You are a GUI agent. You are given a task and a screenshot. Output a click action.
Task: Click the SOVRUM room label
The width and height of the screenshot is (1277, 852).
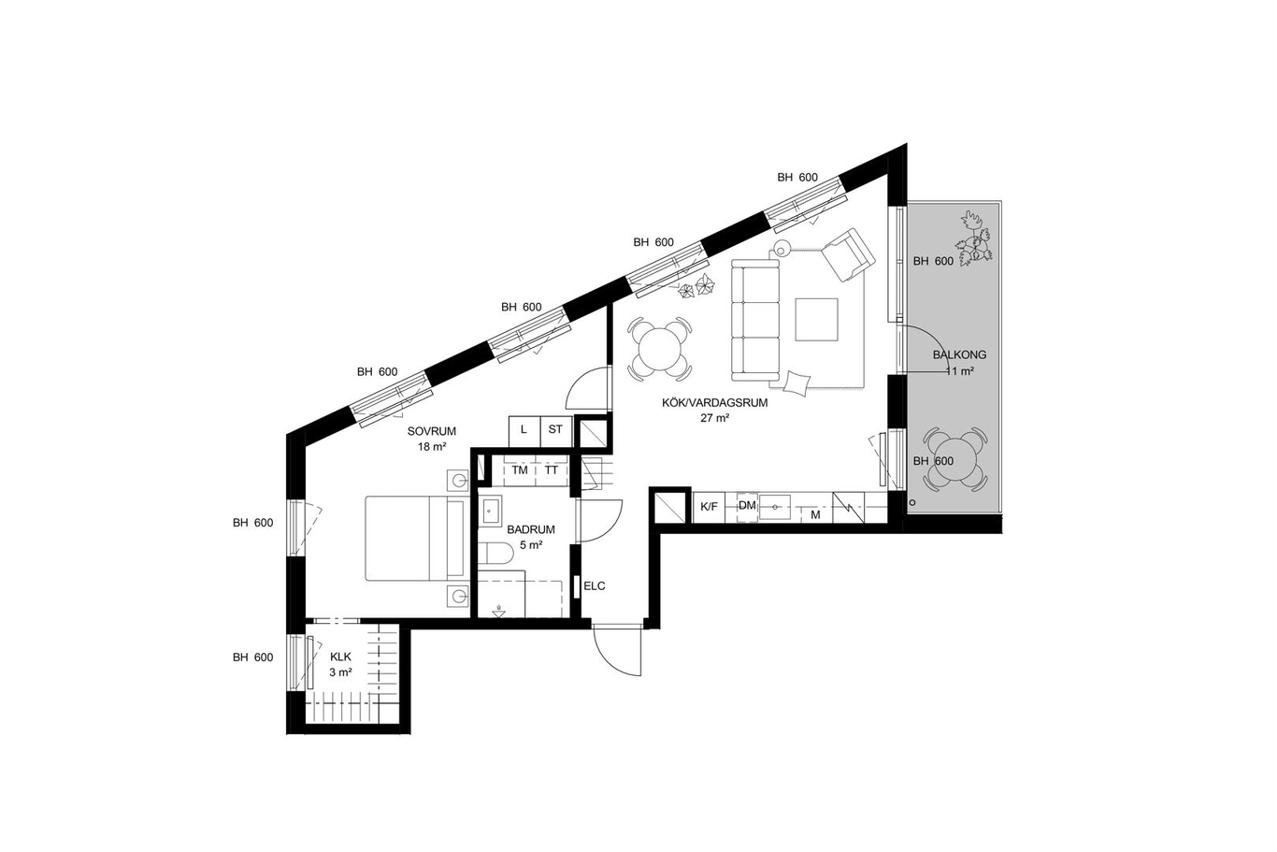[432, 432]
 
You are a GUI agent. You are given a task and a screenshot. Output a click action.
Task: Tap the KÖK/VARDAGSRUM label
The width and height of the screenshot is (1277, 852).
[714, 402]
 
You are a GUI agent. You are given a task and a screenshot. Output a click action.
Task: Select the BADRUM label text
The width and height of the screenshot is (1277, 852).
[531, 529]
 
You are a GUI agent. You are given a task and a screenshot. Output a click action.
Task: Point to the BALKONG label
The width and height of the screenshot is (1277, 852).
[959, 354]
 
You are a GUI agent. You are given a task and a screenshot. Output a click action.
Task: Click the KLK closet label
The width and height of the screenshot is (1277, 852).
[340, 657]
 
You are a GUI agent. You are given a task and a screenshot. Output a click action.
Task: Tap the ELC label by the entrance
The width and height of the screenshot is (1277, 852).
[594, 586]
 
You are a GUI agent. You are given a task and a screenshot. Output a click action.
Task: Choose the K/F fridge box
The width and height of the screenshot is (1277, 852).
[709, 506]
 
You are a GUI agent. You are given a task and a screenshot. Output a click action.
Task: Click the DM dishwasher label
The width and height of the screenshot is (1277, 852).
[747, 505]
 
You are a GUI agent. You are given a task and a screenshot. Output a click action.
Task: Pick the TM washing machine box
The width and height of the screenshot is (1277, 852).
[520, 470]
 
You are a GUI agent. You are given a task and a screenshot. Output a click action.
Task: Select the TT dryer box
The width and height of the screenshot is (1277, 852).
[552, 470]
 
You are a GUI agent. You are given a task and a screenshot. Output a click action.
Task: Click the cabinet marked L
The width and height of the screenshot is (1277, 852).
[524, 430]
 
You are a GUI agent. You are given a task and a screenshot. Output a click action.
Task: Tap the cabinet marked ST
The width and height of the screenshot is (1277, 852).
[555, 430]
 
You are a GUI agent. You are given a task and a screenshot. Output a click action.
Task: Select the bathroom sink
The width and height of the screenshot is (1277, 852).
[490, 511]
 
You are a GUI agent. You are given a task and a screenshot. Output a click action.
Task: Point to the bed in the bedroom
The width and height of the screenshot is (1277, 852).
[415, 539]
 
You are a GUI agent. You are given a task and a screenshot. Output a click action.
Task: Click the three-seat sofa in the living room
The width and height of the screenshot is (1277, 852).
[755, 320]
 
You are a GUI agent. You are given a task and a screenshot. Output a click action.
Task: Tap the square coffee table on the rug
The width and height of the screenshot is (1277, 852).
[817, 319]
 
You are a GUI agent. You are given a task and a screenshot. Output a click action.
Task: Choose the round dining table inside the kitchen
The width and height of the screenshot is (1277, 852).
[660, 349]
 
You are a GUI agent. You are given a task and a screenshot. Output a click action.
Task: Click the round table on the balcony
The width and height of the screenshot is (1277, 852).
[954, 459]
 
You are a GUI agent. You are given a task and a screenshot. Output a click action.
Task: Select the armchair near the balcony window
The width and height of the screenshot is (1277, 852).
[848, 255]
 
